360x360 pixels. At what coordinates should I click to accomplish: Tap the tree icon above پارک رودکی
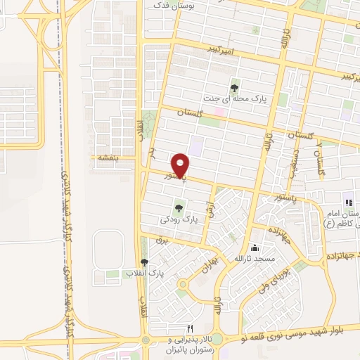tap(179, 208)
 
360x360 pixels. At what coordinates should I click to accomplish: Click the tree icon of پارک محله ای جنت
tap(234, 88)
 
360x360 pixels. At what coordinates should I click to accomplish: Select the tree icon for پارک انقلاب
tap(144, 262)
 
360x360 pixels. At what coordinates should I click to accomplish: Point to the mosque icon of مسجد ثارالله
tap(255, 249)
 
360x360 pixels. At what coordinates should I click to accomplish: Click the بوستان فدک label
tap(168, 5)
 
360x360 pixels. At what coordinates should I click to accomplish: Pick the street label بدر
tap(151, 152)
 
